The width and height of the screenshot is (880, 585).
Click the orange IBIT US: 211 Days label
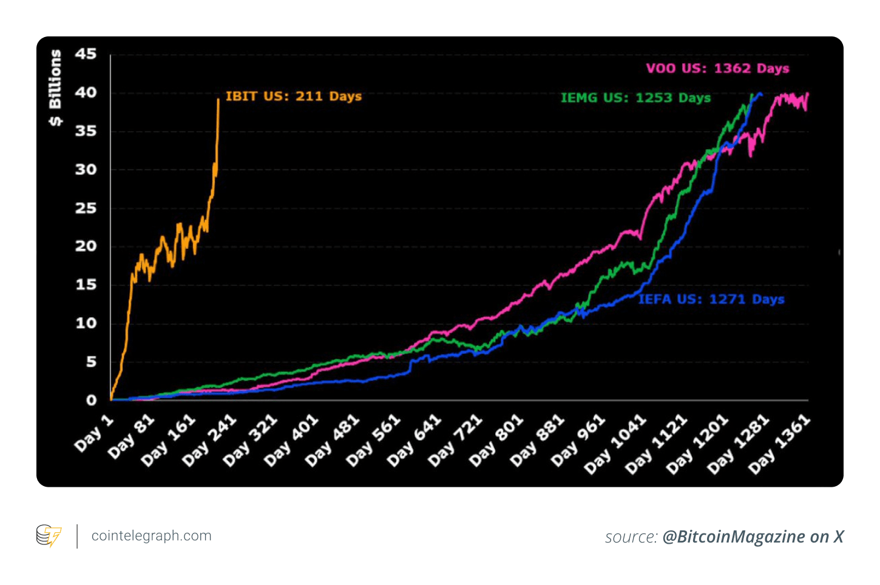(293, 96)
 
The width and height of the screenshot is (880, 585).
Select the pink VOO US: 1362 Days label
(717, 69)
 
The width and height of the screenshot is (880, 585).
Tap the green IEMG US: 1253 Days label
(635, 98)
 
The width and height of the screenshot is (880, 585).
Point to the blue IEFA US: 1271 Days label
(711, 299)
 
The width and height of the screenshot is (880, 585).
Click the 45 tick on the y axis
(86, 54)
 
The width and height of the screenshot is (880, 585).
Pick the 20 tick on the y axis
(86, 246)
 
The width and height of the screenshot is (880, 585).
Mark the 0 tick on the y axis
(91, 401)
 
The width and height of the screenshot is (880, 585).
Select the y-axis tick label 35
(86, 131)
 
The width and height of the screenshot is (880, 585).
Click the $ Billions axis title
(55, 88)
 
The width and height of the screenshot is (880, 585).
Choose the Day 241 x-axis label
(209, 441)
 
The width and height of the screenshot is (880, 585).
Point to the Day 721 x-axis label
(455, 441)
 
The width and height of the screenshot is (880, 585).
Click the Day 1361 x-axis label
(779, 444)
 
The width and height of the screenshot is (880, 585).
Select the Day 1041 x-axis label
(615, 444)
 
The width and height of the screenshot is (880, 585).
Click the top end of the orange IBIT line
(218, 99)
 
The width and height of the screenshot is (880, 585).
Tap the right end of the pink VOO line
(808, 94)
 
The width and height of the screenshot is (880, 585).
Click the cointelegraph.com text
(151, 536)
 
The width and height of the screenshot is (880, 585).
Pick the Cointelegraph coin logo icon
(49, 536)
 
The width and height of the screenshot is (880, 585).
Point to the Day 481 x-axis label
(333, 441)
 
